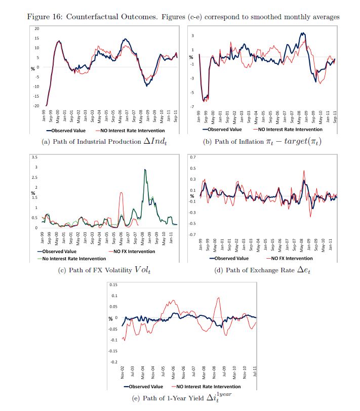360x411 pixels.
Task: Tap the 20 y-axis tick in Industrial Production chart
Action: (x=37, y=29)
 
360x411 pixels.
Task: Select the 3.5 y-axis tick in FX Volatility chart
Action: (x=34, y=157)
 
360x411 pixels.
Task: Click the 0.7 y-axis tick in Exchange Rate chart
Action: (x=192, y=157)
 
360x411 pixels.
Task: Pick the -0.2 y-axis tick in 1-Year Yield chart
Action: (x=114, y=362)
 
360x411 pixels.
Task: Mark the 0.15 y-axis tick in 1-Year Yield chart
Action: (x=114, y=284)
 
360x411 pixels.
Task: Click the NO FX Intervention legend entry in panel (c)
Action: (x=129, y=251)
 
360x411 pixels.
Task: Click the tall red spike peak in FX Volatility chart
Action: (x=121, y=192)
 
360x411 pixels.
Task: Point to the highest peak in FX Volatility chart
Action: (x=145, y=170)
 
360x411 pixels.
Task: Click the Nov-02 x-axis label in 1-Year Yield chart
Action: (x=123, y=373)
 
